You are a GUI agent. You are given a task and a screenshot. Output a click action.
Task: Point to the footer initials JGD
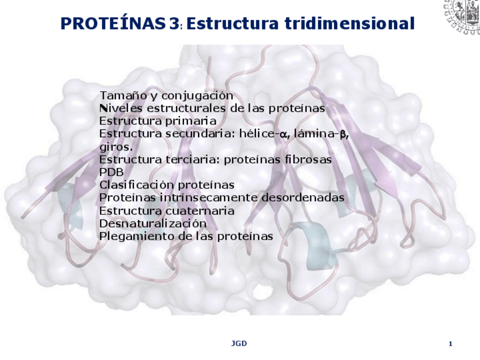point(239,344)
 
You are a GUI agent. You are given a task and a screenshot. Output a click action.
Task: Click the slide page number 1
point(450,344)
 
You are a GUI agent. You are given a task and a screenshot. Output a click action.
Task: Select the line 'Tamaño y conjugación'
point(166,95)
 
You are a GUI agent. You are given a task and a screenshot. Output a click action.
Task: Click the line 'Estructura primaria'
point(157,121)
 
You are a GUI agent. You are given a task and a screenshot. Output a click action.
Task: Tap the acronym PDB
point(111,172)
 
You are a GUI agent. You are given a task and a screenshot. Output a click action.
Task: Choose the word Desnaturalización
point(153,223)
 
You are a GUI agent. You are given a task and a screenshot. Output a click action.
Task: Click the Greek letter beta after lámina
point(342,134)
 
